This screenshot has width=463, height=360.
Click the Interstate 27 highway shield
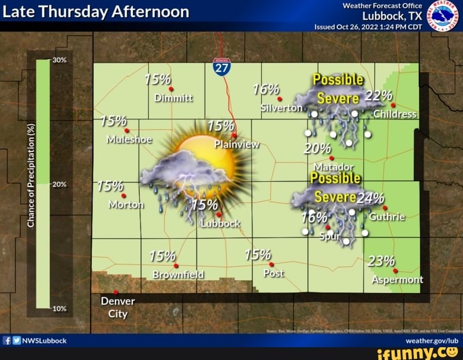(222, 66)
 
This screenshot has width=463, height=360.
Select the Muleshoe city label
(129, 139)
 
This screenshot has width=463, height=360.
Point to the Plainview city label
(236, 144)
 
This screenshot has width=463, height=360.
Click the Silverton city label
(281, 109)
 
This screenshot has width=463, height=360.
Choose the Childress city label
(395, 114)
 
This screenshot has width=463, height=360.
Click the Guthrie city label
(387, 216)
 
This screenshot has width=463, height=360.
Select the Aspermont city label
(397, 280)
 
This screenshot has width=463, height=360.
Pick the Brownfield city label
(179, 274)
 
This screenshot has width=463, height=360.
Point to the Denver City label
(118, 307)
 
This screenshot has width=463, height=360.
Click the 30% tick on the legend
(59, 60)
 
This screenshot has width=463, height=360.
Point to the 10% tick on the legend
(59, 308)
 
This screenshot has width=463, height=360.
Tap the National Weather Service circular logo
(443, 15)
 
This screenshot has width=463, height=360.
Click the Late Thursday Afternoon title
(96, 11)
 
